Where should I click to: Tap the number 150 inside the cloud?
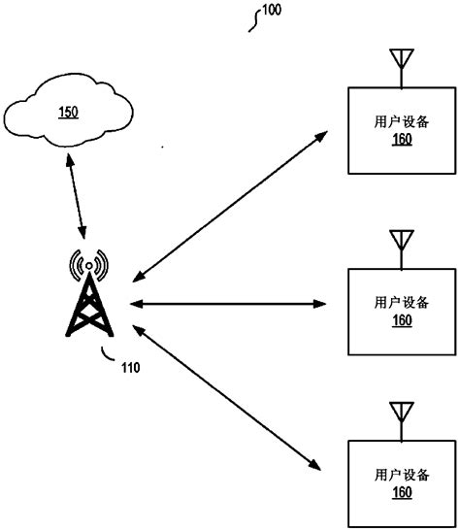(x=68, y=111)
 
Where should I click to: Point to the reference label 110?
(x=130, y=367)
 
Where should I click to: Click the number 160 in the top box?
(x=401, y=140)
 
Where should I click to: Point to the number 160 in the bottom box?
(x=401, y=493)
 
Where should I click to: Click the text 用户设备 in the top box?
(x=401, y=123)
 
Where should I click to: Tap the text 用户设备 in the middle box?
(x=401, y=303)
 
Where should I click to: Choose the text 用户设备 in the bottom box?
(x=401, y=476)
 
